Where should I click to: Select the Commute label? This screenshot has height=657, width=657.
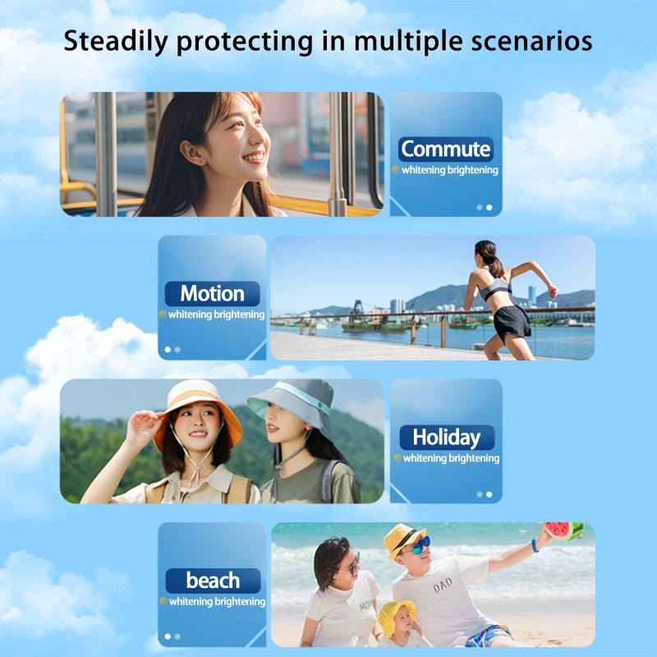pyautogui.click(x=446, y=149)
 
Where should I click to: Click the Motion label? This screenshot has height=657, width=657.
pyautogui.click(x=212, y=293)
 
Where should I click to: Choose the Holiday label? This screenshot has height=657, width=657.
pyautogui.click(x=446, y=437)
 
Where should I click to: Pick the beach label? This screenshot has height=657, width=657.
pyautogui.click(x=212, y=581)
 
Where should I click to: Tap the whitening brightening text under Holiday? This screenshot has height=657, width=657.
pyautogui.click(x=450, y=458)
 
